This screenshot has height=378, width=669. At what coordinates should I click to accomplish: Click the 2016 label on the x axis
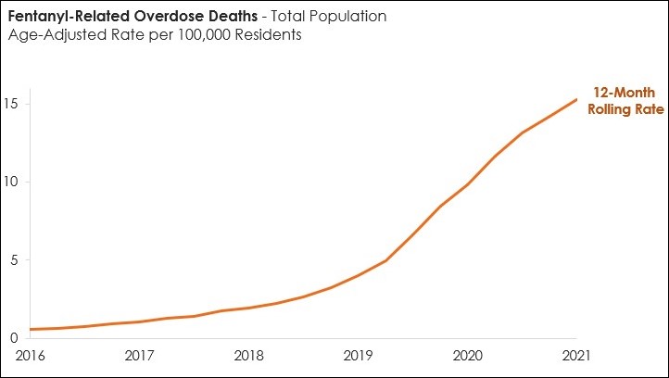[x=30, y=356]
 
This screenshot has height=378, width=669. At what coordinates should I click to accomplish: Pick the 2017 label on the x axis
[x=139, y=356]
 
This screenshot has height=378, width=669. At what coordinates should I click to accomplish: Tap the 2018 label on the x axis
[x=248, y=356]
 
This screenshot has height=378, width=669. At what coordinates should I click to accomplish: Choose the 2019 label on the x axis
[x=358, y=356]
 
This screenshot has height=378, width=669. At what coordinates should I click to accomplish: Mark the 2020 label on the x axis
[x=467, y=356]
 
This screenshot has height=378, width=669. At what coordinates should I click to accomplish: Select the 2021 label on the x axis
[x=576, y=356]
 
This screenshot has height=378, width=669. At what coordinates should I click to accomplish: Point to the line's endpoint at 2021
[x=576, y=99]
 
